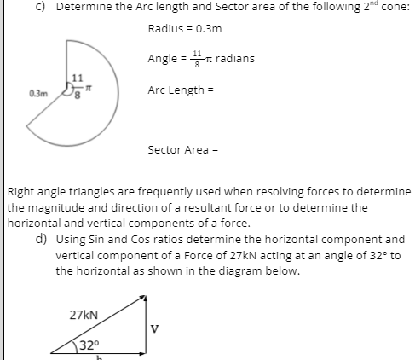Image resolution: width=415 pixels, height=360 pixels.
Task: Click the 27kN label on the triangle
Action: (x=84, y=313)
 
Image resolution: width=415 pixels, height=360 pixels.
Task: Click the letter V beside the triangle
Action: (x=154, y=324)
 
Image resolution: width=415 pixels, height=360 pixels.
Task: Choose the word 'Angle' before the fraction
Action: (x=162, y=59)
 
